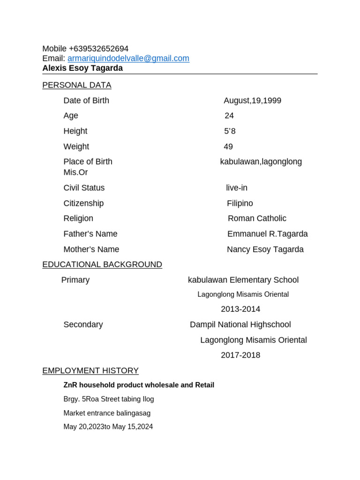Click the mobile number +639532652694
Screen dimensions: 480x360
(x=98, y=49)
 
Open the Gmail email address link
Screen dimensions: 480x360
(x=128, y=59)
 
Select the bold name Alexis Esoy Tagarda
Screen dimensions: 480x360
(x=82, y=68)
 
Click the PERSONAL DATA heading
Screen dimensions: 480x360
(x=77, y=85)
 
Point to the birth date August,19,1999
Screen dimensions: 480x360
(x=252, y=101)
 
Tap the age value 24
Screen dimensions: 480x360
(x=229, y=116)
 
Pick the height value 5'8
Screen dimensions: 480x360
(x=230, y=131)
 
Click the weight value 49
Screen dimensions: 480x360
(x=228, y=147)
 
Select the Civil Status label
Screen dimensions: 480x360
(x=84, y=188)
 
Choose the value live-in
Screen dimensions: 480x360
(x=236, y=188)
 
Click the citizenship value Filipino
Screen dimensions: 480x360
(x=240, y=203)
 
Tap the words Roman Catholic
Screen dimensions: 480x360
(x=257, y=218)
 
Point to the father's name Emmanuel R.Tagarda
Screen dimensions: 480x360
(x=267, y=234)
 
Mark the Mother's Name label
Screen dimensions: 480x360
(x=91, y=249)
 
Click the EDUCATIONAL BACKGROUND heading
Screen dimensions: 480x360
(x=102, y=265)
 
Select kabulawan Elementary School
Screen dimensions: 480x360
(x=243, y=280)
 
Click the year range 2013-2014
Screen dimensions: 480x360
(x=240, y=309)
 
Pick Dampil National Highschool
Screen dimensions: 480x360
(x=240, y=325)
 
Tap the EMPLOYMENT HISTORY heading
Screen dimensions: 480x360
(x=90, y=371)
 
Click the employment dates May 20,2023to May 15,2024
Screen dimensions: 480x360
(x=108, y=427)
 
